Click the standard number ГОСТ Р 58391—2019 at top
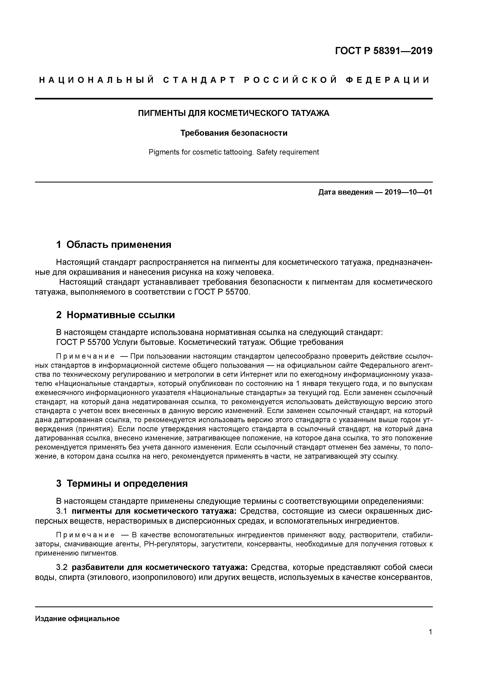(x=384, y=51)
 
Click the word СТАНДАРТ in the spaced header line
(x=199, y=80)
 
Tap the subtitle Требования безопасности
(x=234, y=133)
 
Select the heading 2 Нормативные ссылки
(x=116, y=315)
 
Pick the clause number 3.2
(x=62, y=567)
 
